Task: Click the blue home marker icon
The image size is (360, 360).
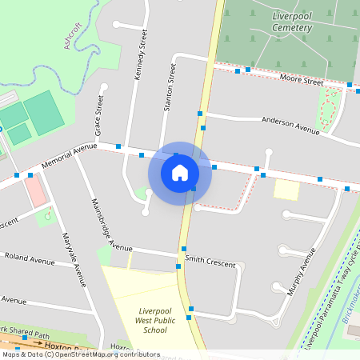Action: (x=180, y=172)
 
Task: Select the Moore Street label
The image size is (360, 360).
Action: (x=301, y=80)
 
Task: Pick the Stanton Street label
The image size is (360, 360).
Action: (x=169, y=86)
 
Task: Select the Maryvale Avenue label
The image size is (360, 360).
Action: (x=74, y=259)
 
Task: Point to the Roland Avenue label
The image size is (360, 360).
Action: (x=30, y=259)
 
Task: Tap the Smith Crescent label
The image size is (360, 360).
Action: (x=210, y=262)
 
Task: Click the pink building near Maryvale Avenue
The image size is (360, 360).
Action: (x=35, y=190)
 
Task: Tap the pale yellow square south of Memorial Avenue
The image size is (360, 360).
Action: (x=286, y=190)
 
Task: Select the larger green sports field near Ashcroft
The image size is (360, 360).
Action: (x=45, y=114)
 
